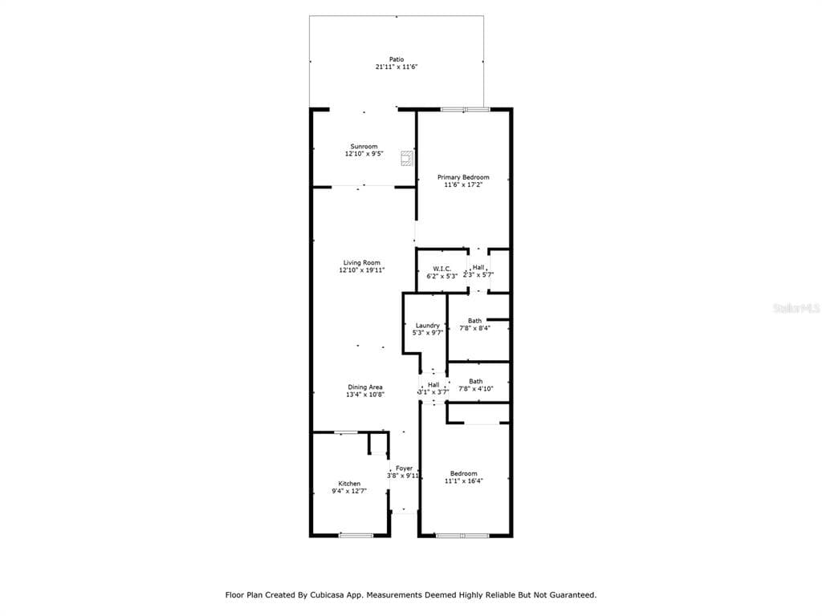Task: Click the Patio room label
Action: coord(397,59)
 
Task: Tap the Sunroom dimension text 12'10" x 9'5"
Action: coord(364,154)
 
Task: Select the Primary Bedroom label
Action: coord(463,177)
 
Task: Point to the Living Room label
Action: coord(362,263)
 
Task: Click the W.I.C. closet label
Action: coord(442,269)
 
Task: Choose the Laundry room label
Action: coord(428,326)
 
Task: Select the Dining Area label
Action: coord(365,387)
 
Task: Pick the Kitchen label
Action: coord(349,484)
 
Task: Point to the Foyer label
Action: coord(405,468)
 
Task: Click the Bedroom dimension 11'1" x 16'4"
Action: coord(464,481)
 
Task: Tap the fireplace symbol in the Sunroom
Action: coord(407,158)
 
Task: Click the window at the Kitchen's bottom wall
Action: coord(356,535)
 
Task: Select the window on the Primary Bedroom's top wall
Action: coord(465,109)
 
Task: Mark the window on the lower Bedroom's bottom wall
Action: coord(462,535)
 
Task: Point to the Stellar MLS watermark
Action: coord(797,308)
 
